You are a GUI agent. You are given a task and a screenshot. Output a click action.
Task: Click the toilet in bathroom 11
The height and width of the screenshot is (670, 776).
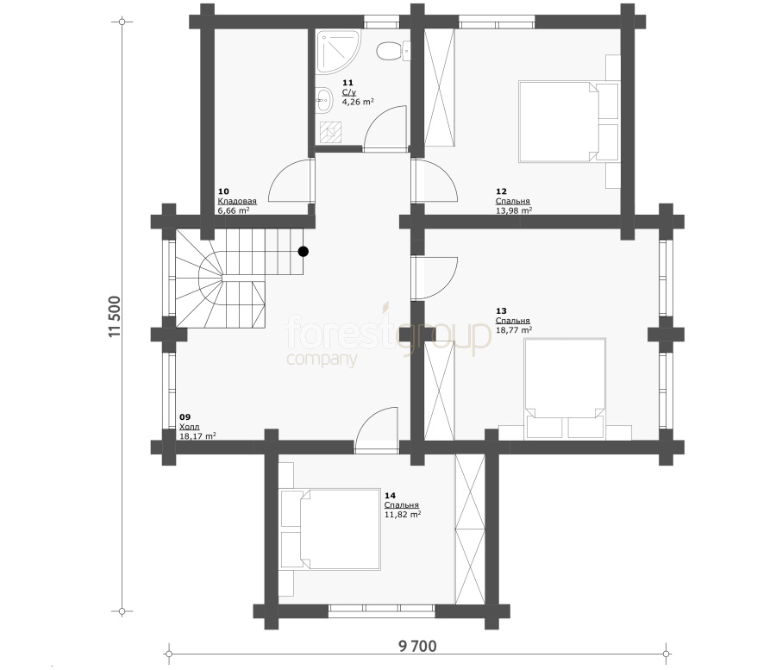click(x=393, y=51)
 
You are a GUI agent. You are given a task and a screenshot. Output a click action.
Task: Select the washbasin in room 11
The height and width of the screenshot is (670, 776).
click(x=323, y=100)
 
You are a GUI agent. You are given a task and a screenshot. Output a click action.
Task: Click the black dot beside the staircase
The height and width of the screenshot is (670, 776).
click(x=304, y=252)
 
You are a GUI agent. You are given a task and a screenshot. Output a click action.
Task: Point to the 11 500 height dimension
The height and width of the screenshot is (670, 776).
click(x=114, y=316)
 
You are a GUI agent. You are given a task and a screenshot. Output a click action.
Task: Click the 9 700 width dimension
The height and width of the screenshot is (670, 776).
click(x=417, y=646)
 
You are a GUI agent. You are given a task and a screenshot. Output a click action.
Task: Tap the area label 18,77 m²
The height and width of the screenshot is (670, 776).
click(x=514, y=330)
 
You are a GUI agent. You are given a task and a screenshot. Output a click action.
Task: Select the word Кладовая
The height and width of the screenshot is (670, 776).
click(x=237, y=201)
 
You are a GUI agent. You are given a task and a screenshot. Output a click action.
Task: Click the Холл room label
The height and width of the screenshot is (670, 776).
click(x=189, y=427)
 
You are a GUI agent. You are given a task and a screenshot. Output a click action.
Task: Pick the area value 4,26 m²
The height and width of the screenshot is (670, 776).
click(x=358, y=102)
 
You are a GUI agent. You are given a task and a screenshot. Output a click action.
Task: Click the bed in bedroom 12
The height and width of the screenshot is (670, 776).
click(x=569, y=122)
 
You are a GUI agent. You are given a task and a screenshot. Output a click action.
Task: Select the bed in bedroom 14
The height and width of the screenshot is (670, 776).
click(x=330, y=529)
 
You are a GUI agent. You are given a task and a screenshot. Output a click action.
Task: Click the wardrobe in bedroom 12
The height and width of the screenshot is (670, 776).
click(x=440, y=88)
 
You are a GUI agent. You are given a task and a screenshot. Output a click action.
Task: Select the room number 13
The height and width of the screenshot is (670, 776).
click(x=501, y=310)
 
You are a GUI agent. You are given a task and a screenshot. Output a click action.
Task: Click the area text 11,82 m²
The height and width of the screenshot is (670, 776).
click(x=403, y=515)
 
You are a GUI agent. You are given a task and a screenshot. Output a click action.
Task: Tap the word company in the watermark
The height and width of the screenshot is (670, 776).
click(x=322, y=360)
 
